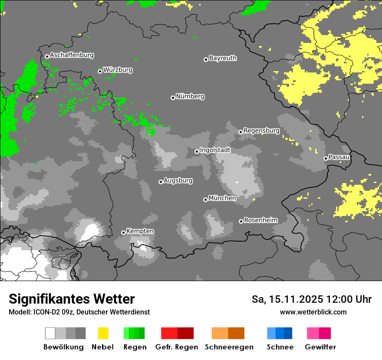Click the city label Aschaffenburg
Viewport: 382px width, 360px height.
coord(72,55)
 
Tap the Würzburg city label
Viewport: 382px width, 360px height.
coord(118,70)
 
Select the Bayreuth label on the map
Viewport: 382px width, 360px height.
coord(223,58)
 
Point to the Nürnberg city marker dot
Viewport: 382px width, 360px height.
coord(173,98)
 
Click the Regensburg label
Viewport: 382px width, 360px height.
coord(261,131)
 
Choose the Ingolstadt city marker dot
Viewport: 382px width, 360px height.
coord(197,151)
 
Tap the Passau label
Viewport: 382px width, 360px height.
coord(339,157)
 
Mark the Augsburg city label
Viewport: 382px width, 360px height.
coord(178,180)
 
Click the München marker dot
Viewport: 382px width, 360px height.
coord(205,200)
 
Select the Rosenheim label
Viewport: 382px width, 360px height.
coord(260,220)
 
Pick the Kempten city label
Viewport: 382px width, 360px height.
coord(140,231)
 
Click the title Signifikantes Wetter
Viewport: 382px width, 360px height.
coord(72,299)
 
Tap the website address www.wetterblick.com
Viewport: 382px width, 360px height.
coord(313,312)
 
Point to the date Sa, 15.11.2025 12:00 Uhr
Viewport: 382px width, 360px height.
coord(311,299)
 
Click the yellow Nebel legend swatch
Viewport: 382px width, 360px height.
coord(103,333)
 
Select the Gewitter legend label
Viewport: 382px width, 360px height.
coord(320,347)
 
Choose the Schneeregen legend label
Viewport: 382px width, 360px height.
coord(229,347)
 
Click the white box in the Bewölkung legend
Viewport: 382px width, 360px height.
coord(50,333)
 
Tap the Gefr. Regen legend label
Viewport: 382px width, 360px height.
coord(176,347)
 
